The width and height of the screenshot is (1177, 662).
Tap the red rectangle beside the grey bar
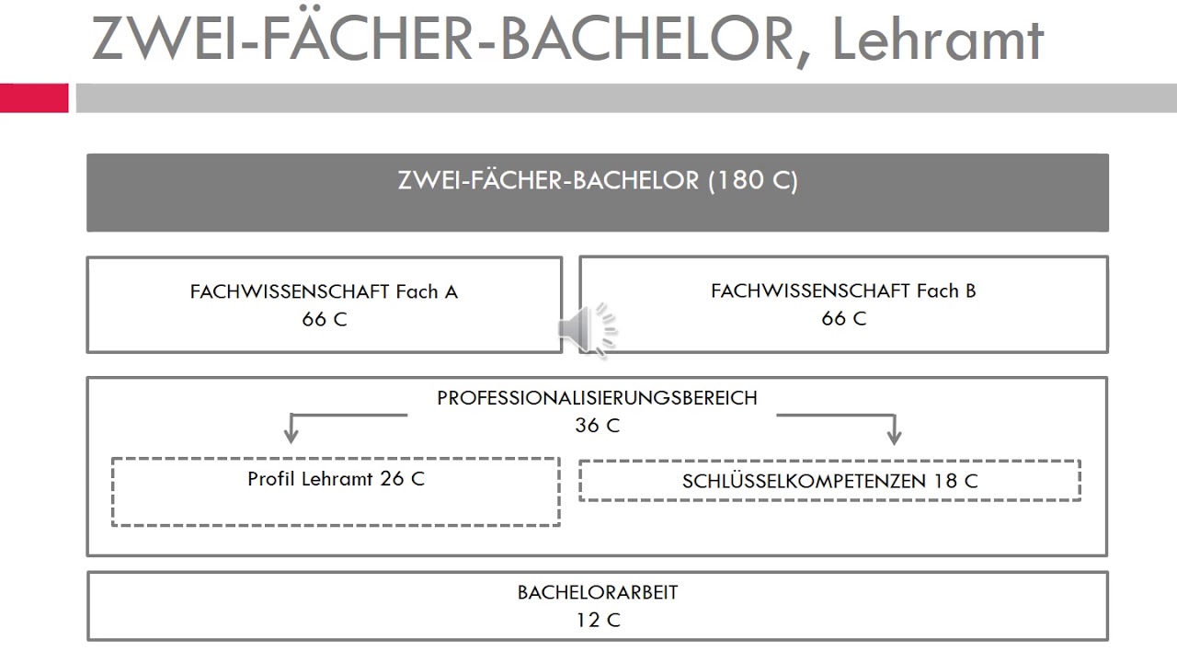click(34, 97)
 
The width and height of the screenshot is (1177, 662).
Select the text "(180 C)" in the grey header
click(752, 180)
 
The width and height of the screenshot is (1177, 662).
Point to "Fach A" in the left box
click(427, 292)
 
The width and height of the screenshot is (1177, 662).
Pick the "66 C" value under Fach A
click(325, 320)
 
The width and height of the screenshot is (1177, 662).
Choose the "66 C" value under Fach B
click(844, 319)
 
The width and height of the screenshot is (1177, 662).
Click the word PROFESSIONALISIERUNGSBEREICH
click(597, 398)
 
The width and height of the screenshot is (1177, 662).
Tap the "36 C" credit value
click(598, 426)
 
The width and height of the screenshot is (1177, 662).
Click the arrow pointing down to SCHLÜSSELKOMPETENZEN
click(893, 429)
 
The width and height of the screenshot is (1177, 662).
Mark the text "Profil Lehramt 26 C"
click(336, 479)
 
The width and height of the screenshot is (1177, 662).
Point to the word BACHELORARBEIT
click(598, 592)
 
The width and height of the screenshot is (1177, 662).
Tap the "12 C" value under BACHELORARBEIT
click(598, 620)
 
